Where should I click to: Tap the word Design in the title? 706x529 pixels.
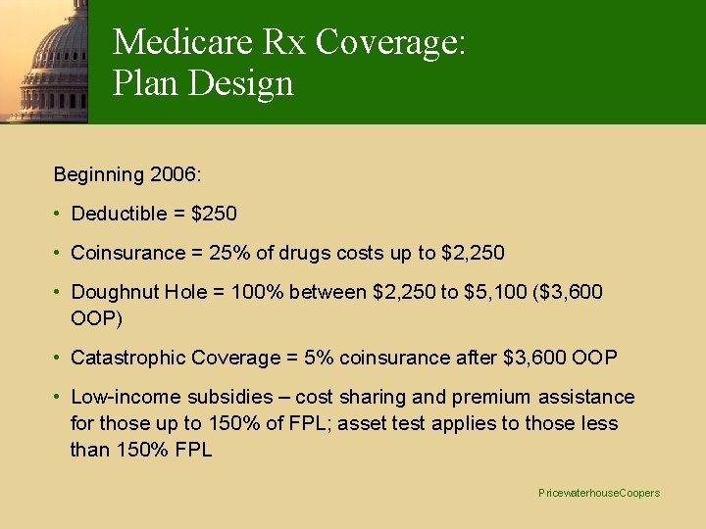[x=245, y=83]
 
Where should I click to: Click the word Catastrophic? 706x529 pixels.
[x=126, y=358]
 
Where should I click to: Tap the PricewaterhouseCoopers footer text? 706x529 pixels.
[x=599, y=493]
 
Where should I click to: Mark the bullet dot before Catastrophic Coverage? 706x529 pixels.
[x=60, y=358]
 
